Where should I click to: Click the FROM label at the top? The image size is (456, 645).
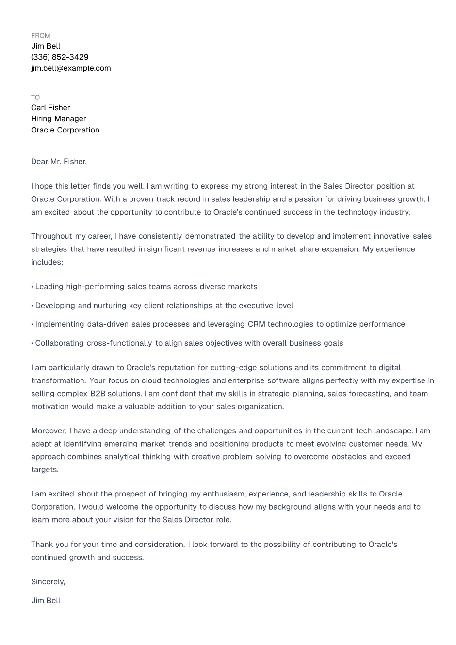click(x=40, y=36)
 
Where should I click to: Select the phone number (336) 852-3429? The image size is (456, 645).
click(x=60, y=57)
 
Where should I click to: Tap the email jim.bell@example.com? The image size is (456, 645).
click(x=71, y=68)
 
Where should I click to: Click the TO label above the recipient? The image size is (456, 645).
click(x=35, y=98)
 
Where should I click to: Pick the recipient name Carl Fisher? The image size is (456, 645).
click(x=50, y=108)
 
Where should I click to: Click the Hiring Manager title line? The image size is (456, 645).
click(x=58, y=119)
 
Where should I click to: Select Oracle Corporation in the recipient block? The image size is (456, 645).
click(x=65, y=130)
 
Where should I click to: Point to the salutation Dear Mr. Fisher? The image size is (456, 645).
click(x=59, y=162)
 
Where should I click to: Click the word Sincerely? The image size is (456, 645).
click(x=48, y=582)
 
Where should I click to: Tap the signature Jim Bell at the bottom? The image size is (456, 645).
click(x=46, y=601)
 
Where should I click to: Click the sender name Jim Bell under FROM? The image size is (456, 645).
click(x=46, y=46)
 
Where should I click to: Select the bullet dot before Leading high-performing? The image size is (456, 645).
click(x=32, y=287)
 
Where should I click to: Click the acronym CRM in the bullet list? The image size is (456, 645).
click(x=256, y=324)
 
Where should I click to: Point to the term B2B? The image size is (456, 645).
click(x=98, y=394)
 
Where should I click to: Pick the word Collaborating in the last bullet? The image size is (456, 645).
click(x=59, y=343)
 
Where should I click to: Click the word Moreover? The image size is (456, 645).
click(x=48, y=431)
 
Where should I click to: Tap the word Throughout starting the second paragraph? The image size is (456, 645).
click(x=51, y=236)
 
